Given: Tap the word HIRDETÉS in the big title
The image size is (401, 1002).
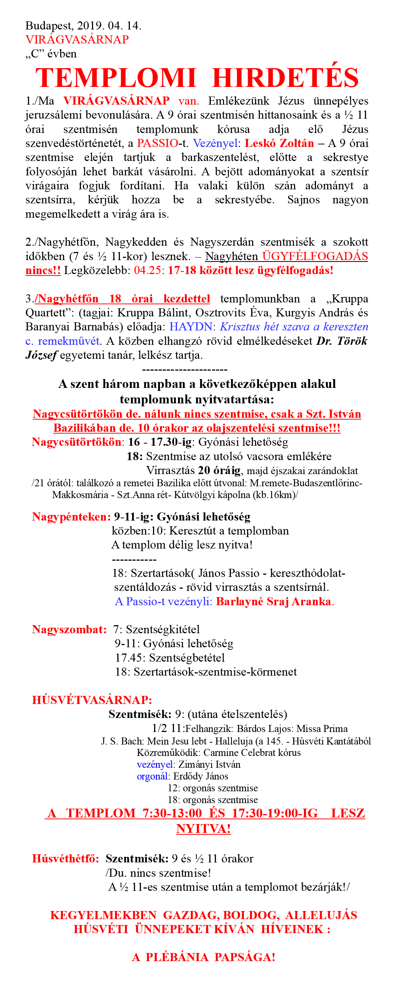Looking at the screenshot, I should pyautogui.click(x=285, y=78).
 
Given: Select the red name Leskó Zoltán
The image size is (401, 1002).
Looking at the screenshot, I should pyautogui.click(x=279, y=143).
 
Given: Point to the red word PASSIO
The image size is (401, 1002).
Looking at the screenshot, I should pyautogui.click(x=157, y=143).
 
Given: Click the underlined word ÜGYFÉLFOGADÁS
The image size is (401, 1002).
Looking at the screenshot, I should pyautogui.click(x=315, y=256).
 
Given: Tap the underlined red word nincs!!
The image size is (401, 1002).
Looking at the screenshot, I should pyautogui.click(x=43, y=270).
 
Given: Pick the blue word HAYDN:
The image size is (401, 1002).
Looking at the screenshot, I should pyautogui.click(x=192, y=327).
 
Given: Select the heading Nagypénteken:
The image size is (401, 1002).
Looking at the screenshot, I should pyautogui.click(x=71, y=516).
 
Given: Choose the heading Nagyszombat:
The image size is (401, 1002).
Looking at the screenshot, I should pyautogui.click(x=69, y=629).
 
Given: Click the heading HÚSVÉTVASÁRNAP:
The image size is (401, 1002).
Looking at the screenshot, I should pyautogui.click(x=92, y=700).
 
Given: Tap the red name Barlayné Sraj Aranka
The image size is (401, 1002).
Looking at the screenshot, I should pyautogui.click(x=274, y=601).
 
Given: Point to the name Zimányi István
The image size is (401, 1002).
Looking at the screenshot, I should pyautogui.click(x=209, y=764).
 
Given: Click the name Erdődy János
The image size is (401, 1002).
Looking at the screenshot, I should pyautogui.click(x=200, y=776).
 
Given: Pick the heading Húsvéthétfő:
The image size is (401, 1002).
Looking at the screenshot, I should pyautogui.click(x=65, y=858).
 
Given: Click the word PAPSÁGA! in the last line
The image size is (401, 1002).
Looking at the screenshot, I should pyautogui.click(x=245, y=957).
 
